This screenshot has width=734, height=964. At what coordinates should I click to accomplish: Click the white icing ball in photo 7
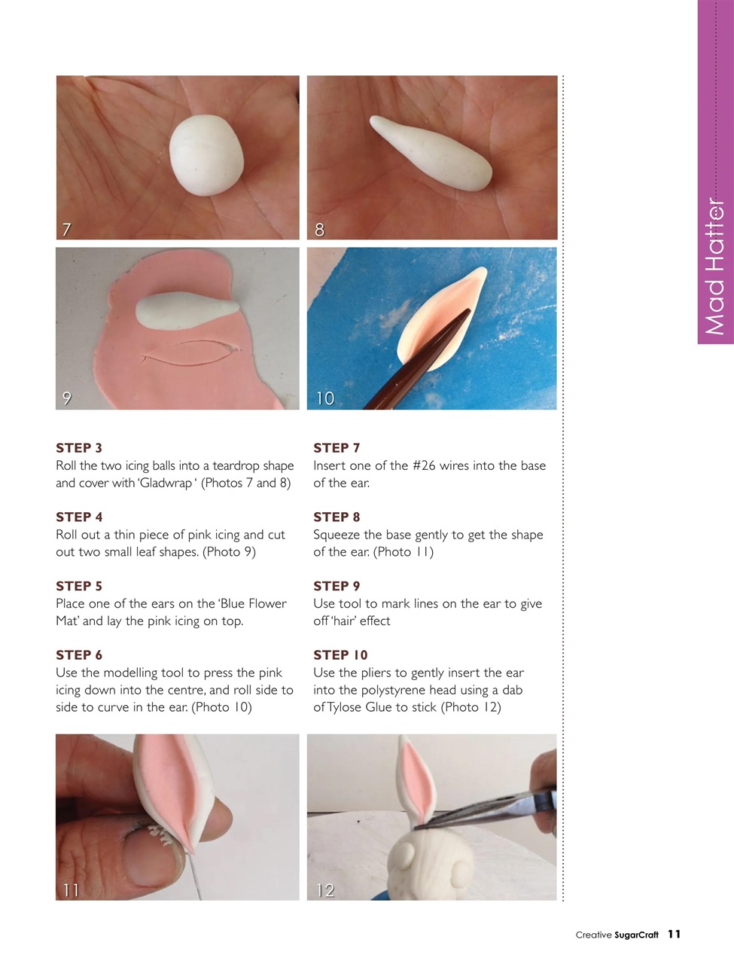(207, 155)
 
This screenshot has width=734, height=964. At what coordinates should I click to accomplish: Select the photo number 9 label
(66, 398)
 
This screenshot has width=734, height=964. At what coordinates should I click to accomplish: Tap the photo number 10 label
(324, 398)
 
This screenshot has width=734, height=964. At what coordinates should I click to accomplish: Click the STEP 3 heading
(79, 448)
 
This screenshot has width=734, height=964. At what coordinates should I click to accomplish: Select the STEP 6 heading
(79, 655)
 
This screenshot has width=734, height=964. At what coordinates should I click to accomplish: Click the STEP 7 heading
(337, 448)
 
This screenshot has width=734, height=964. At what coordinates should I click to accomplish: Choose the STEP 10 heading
(340, 655)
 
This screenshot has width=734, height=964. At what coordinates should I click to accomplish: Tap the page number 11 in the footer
(674, 934)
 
